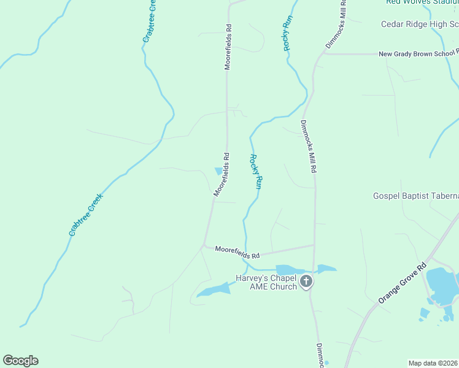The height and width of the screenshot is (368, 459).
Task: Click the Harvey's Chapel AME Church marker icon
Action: pos(306,283)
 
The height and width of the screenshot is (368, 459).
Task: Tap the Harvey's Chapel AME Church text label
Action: pos(267,282)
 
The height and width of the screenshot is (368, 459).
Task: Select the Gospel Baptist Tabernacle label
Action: pos(415,196)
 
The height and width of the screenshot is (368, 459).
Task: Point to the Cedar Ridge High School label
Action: pos(419,25)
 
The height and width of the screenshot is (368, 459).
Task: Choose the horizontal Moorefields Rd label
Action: pos(237,251)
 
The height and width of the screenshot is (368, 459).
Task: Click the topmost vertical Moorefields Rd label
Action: pos(228,47)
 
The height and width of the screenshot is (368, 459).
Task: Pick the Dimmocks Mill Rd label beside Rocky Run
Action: pos(308,145)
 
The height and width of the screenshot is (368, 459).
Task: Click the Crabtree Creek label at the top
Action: pos(150,20)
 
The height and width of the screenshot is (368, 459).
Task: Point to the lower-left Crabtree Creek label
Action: pos(85,215)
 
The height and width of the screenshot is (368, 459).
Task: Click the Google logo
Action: pos(20,361)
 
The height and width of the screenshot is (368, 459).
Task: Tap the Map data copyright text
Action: pos(433,363)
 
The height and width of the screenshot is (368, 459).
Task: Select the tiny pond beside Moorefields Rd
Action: pos(218,171)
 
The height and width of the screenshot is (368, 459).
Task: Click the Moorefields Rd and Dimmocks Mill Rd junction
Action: pos(314,246)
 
